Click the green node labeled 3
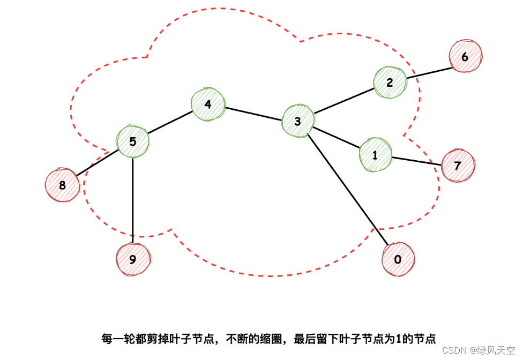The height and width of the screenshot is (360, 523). [x=298, y=121]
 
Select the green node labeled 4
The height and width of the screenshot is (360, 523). [x=207, y=104]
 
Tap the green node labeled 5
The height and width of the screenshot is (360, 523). [x=133, y=141]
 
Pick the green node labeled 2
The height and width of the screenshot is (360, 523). [x=390, y=82]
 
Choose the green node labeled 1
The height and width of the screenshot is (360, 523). [x=375, y=155]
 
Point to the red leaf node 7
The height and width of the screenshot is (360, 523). [x=458, y=166]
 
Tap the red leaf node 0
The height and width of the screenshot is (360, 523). [x=398, y=259]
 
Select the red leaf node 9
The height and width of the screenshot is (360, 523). [x=132, y=259]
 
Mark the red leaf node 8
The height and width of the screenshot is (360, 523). [x=62, y=185]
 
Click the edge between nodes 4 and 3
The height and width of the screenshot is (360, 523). [x=253, y=113]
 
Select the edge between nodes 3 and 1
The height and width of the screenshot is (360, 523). [x=336, y=137]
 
